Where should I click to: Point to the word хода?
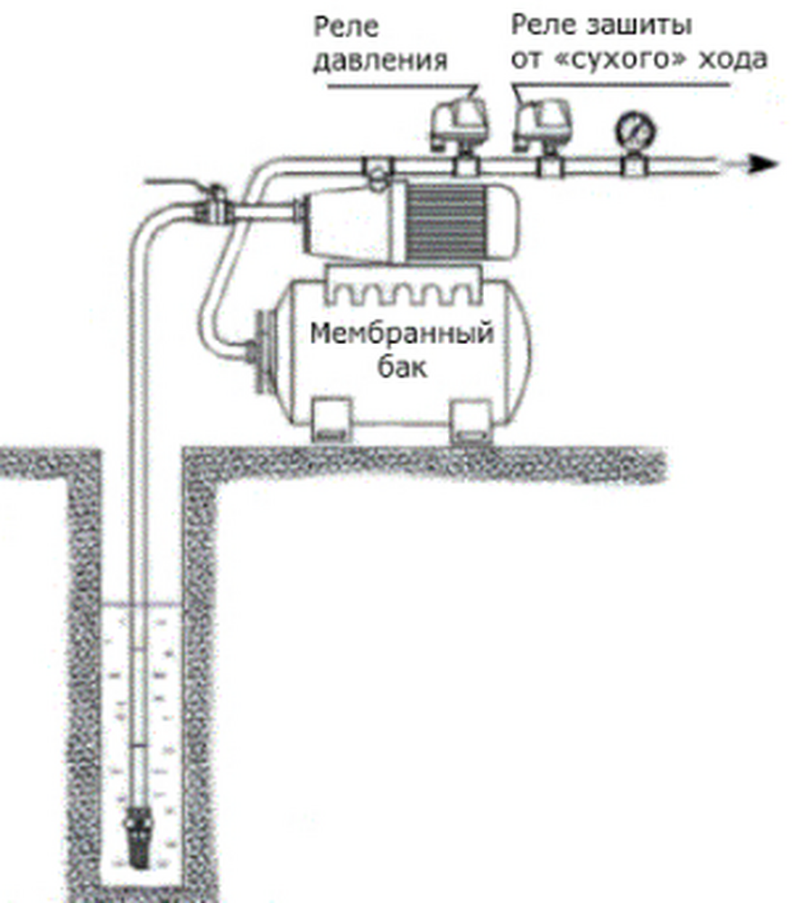[x=734, y=61]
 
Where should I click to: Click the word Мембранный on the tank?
[x=402, y=335]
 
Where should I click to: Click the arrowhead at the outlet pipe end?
[x=764, y=163]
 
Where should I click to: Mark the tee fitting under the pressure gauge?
[x=631, y=164]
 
